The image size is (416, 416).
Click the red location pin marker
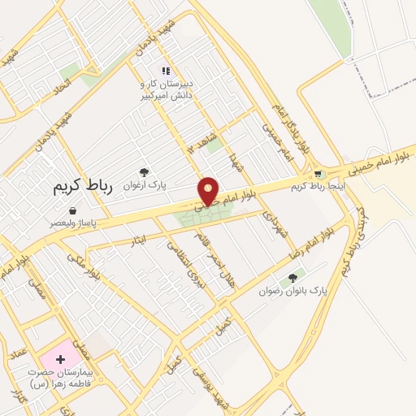coord(210,192)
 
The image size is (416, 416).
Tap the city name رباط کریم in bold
coord(81,186)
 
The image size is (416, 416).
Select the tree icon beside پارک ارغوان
coord(144,171)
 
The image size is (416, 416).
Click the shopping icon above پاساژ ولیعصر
coord(72,210)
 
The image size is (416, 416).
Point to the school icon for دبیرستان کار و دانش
coord(166,71)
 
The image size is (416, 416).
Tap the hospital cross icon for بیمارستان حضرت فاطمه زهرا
coord(60,358)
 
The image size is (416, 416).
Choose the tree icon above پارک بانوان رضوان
coord(292,278)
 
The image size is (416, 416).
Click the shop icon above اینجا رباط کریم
coord(319,174)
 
